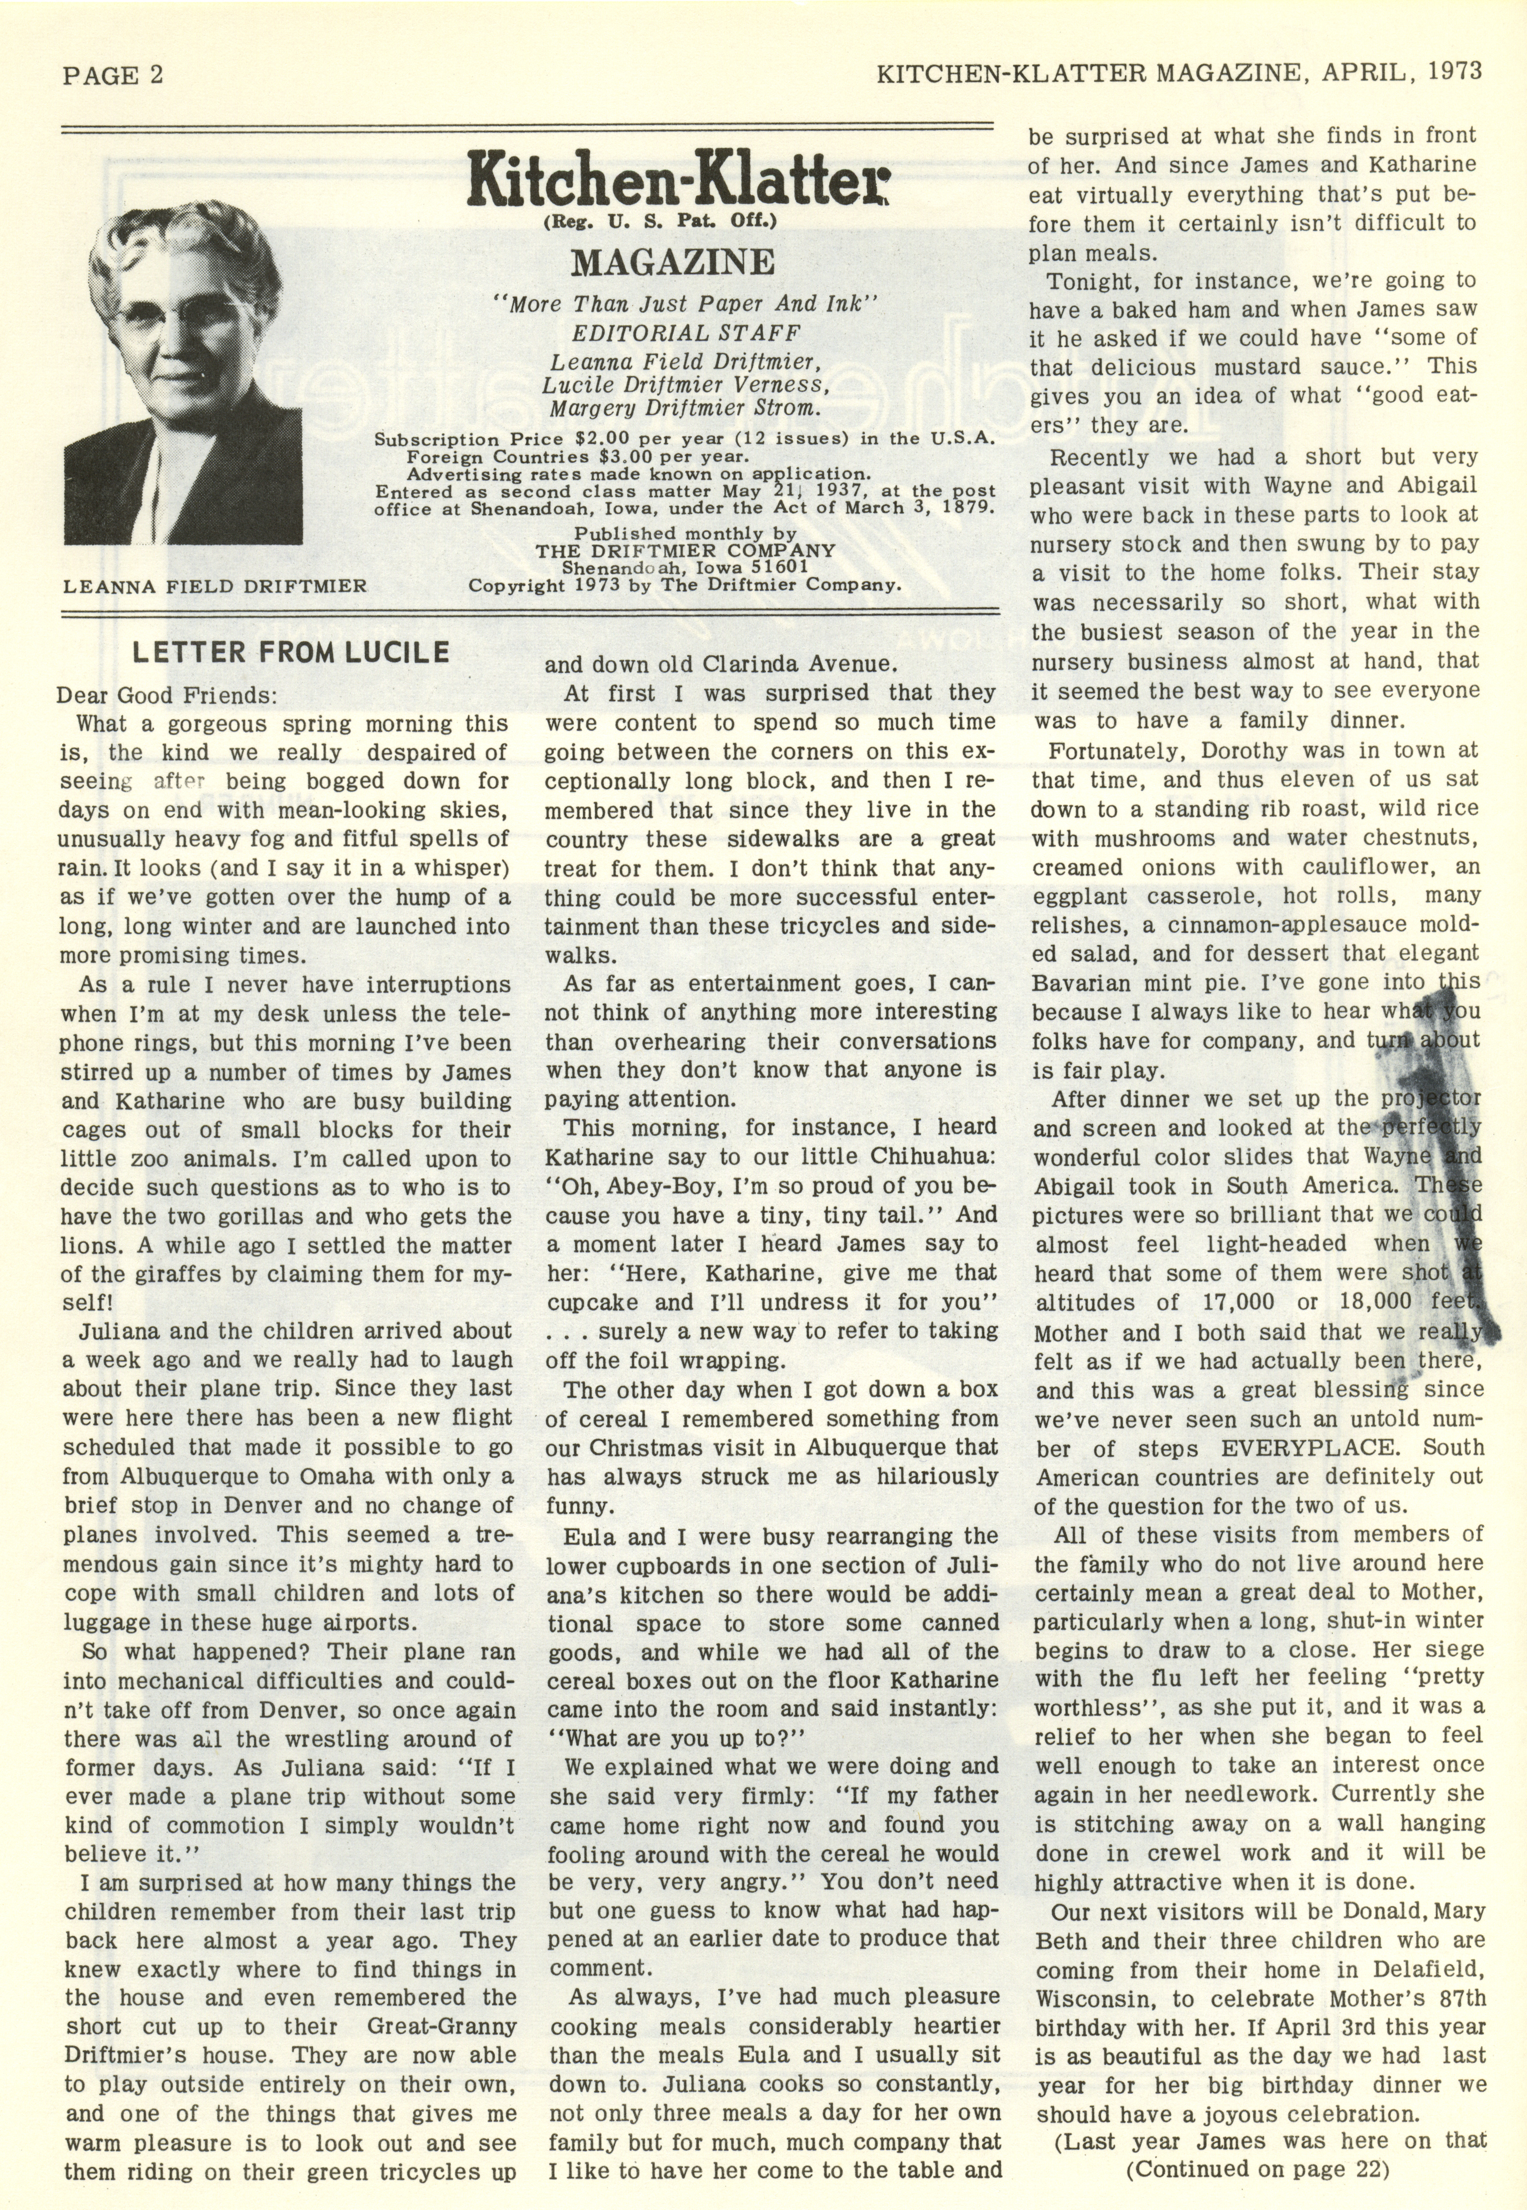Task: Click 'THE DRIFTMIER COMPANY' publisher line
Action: coord(685,551)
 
